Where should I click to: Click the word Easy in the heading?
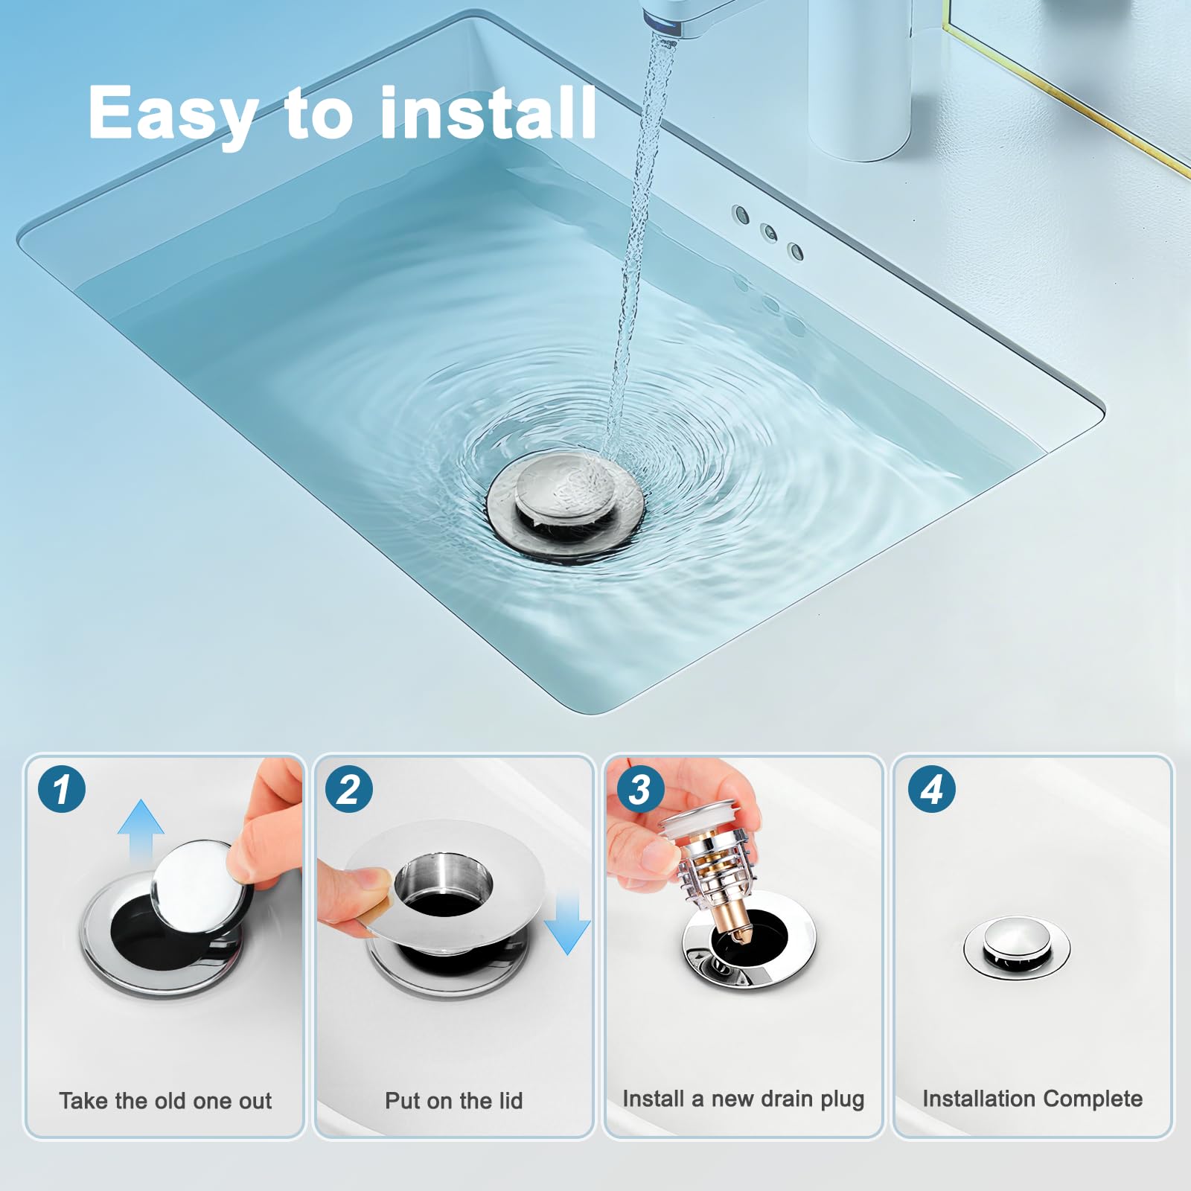pyautogui.click(x=173, y=113)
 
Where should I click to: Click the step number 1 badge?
pyautogui.click(x=62, y=788)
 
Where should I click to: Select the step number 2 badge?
pyautogui.click(x=349, y=788)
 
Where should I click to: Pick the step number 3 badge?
pyautogui.click(x=639, y=788)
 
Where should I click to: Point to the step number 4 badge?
pyautogui.click(x=931, y=788)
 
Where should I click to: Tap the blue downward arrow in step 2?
pyautogui.click(x=567, y=923)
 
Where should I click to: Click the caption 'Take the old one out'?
pyautogui.click(x=165, y=1100)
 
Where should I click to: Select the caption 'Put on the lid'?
pyautogui.click(x=453, y=1100)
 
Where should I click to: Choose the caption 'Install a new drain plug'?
pyautogui.click(x=743, y=1099)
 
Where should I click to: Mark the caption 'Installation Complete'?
pyautogui.click(x=1032, y=1099)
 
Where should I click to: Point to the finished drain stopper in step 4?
pyautogui.click(x=1017, y=947)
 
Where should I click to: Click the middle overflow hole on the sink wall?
pyautogui.click(x=768, y=232)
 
